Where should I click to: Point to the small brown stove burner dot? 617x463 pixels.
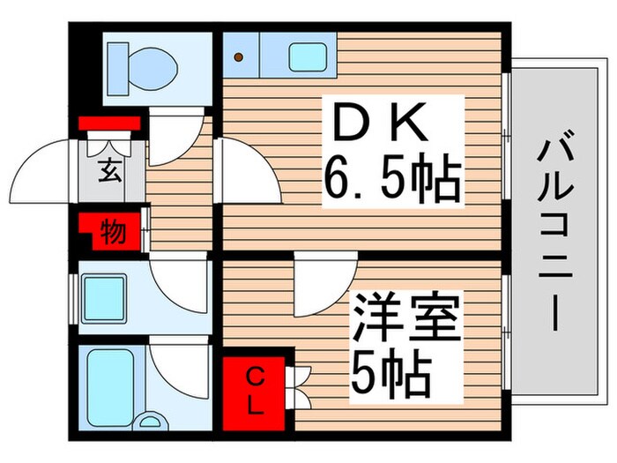pos(238,57)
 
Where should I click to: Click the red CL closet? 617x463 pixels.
pos(253,392)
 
